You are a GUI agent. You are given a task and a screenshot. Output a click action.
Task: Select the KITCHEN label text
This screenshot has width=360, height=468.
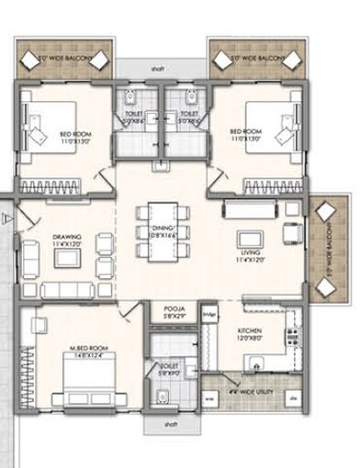tap(253, 333)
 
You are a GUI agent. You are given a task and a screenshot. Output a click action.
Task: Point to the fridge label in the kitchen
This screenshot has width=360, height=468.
tap(209, 316)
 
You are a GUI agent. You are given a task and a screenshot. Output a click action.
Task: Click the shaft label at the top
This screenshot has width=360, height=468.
tap(161, 68)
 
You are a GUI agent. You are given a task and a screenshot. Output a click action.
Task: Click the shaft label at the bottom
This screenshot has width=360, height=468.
tap(171, 426)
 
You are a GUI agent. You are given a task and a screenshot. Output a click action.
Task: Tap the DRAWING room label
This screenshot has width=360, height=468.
tap(66, 240)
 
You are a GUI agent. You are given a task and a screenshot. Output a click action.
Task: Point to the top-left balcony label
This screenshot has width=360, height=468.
tap(64, 58)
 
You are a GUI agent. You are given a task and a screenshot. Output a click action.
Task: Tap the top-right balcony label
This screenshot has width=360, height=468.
tap(253, 58)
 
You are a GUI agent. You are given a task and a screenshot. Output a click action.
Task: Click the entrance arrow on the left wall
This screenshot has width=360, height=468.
tap(6, 217)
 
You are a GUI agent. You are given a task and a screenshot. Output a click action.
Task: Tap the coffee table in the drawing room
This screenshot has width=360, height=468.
tap(67, 259)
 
